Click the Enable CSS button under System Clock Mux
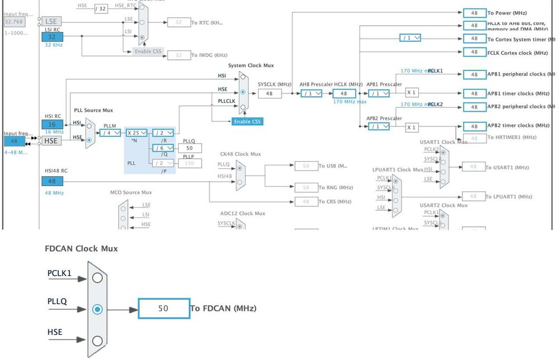coord(247,121)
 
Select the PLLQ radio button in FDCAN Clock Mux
coord(98,309)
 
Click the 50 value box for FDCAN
coord(164,309)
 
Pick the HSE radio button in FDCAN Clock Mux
coord(98,340)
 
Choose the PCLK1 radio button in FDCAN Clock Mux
coord(98,278)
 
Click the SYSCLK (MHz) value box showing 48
coord(270,94)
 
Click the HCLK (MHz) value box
coord(344,94)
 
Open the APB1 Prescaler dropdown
coord(378,94)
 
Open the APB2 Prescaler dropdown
coord(378,127)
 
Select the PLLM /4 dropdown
coord(111,133)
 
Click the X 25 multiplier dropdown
coord(136,133)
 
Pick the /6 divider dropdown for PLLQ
coord(163,148)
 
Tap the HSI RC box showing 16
coord(53,125)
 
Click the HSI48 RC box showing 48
coord(53,181)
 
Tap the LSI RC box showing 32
coord(53,37)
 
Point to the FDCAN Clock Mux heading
coord(81,248)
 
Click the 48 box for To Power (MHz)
coord(474,13)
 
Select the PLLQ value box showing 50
coord(190,148)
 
